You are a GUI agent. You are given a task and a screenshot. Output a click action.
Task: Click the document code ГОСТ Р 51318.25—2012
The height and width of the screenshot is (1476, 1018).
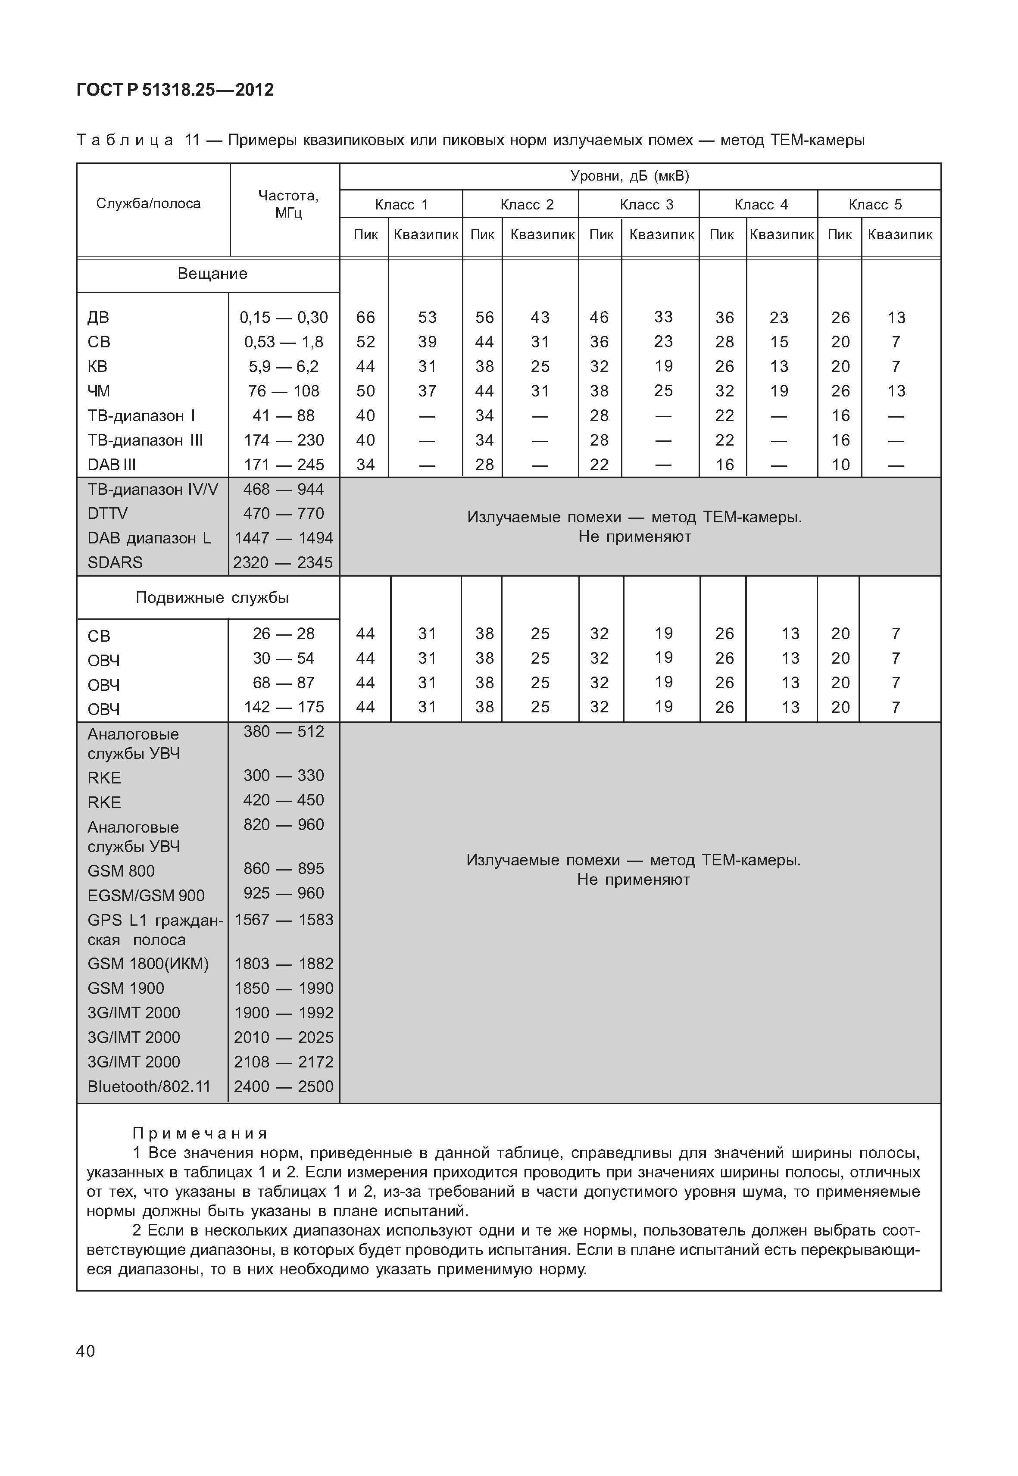click(x=175, y=90)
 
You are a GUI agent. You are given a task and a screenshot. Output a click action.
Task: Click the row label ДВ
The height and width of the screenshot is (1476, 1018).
click(x=98, y=317)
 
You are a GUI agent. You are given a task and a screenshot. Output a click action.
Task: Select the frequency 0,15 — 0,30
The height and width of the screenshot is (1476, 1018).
click(x=284, y=317)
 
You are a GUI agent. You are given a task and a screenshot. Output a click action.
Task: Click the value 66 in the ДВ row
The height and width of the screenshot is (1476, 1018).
click(x=365, y=317)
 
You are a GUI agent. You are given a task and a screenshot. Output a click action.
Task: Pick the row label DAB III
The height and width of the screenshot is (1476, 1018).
click(x=112, y=465)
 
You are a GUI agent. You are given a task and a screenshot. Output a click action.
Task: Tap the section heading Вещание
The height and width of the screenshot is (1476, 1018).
click(x=212, y=274)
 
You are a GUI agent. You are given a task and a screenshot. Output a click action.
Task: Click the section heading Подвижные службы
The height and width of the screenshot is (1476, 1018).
click(x=212, y=598)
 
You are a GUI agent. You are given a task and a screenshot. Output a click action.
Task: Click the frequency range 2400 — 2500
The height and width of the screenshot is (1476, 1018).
click(x=284, y=1086)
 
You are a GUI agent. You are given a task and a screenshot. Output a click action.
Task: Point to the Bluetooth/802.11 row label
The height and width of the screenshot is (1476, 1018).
click(x=149, y=1086)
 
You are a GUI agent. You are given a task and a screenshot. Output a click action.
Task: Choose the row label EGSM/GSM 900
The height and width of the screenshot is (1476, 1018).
click(x=146, y=896)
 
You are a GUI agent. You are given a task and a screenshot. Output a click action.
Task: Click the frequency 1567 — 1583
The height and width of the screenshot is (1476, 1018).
click(x=284, y=920)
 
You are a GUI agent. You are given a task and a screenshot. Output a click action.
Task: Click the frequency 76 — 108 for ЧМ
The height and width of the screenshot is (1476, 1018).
click(x=284, y=390)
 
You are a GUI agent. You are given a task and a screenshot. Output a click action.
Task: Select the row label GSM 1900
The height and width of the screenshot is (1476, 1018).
click(x=126, y=988)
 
